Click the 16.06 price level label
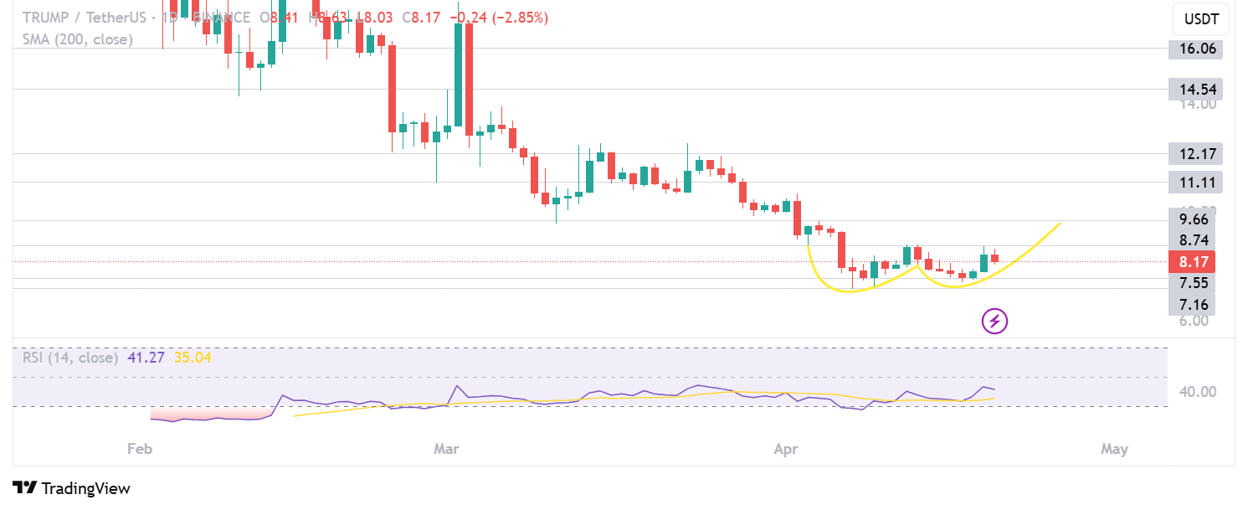click(1196, 49)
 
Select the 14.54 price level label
click(1196, 89)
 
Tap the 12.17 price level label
click(1196, 153)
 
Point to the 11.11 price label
click(1196, 182)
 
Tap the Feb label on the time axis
click(140, 449)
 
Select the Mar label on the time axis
click(446, 449)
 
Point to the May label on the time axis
click(1115, 449)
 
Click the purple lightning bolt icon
click(994, 321)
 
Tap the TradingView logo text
click(85, 488)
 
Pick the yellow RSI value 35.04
click(193, 358)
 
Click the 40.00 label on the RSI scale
click(1196, 391)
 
